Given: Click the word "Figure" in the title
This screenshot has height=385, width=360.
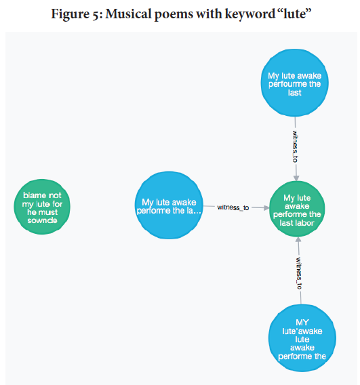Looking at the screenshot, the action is [x=71, y=14].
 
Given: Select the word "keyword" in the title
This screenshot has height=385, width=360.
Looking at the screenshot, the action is [x=250, y=14].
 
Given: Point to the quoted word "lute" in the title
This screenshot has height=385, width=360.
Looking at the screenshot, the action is [x=295, y=14].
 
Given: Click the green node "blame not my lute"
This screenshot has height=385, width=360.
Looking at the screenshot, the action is [x=42, y=207].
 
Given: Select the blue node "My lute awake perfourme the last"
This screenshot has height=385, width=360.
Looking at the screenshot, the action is [x=295, y=83].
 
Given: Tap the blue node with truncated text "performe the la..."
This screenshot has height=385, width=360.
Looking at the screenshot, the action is [x=169, y=205].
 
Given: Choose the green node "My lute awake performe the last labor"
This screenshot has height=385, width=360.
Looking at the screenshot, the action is [x=297, y=209].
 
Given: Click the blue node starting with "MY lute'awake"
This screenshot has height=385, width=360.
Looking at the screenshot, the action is [x=302, y=338].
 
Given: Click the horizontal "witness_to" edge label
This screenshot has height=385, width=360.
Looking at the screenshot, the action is [x=233, y=207].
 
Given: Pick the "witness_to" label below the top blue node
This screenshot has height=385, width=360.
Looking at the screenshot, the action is [x=295, y=146].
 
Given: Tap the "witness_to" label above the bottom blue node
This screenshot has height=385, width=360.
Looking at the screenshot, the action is [x=299, y=273].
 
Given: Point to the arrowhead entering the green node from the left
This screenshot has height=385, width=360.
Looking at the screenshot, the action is [x=266, y=208].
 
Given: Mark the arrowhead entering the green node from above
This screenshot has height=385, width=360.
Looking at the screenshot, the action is [x=296, y=178].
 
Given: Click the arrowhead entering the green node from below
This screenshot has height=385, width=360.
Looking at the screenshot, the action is [x=298, y=240].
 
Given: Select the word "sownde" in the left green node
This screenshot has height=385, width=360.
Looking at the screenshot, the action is [x=42, y=220].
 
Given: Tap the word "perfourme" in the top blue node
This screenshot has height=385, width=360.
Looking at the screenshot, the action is [x=285, y=84].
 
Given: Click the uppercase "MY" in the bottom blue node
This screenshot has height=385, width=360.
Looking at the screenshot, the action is [x=302, y=323].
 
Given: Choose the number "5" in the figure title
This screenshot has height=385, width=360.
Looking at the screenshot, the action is [x=96, y=15].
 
